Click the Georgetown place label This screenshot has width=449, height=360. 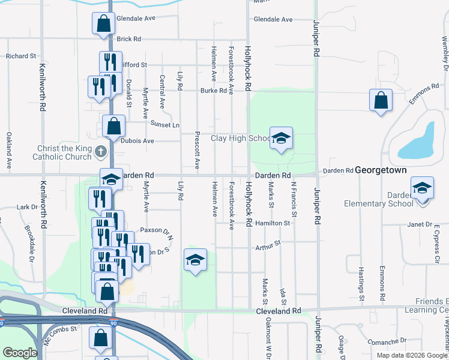tap(381, 170)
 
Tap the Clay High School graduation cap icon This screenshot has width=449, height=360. tap(280, 138)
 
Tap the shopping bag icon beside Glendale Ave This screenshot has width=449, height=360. tap(103, 23)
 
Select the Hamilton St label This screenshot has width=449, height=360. tap(272, 223)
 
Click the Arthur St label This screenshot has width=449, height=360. tap(268, 246)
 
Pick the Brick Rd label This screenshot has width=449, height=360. tap(128, 39)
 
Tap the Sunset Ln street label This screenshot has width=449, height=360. tap(167, 125)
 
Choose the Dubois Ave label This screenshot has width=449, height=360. tap(139, 141)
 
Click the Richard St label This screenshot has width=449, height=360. tap(21, 56)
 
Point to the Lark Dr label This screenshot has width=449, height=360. tap(27, 207)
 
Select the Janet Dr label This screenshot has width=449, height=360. tap(420, 224)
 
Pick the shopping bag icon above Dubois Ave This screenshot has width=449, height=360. tap(113, 127)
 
